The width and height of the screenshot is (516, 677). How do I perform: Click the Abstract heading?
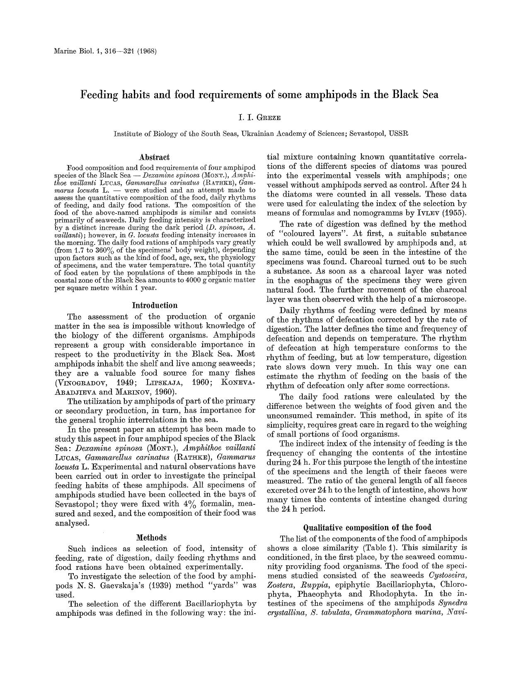pyautogui.click(x=155, y=157)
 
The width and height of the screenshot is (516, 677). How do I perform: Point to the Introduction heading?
pyautogui.click(x=155, y=305)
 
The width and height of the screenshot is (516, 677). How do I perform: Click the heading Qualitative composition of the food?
pyautogui.click(x=367, y=528)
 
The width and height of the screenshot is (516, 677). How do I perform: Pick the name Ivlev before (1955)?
pyautogui.click(x=427, y=214)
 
